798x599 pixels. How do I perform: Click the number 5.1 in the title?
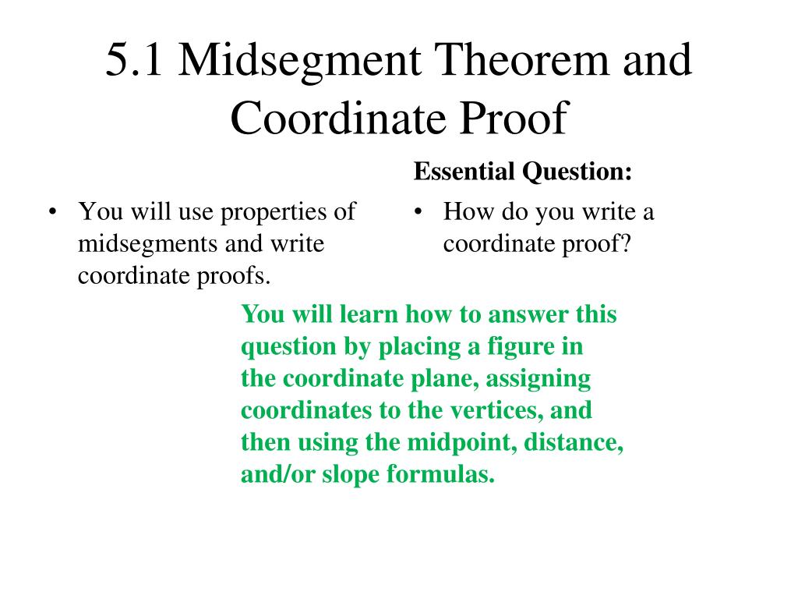coord(133,62)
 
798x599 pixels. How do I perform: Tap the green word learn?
coord(368,314)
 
